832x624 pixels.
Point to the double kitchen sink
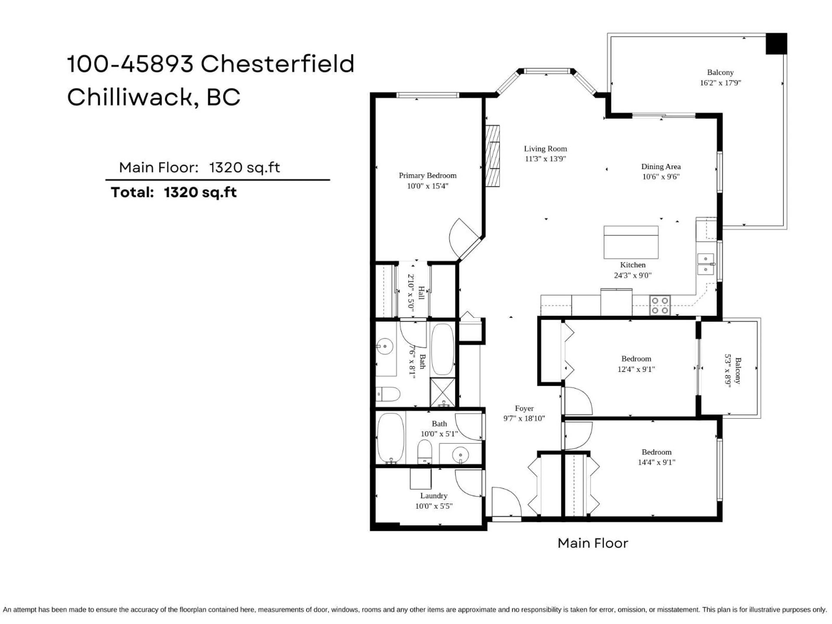pyautogui.click(x=706, y=264)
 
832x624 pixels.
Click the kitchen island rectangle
pyautogui.click(x=631, y=242)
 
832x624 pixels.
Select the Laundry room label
pyautogui.click(x=434, y=496)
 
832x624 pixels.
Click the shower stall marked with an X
pyautogui.click(x=443, y=392)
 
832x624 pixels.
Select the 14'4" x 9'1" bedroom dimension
pyautogui.click(x=656, y=463)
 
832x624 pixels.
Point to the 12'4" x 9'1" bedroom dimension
pyautogui.click(x=636, y=369)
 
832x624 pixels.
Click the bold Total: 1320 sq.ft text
pyautogui.click(x=174, y=193)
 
